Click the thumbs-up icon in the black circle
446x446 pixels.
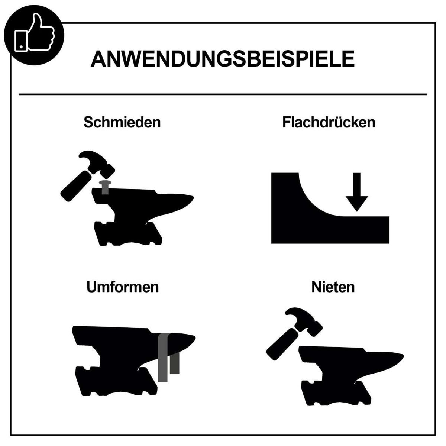(35, 32)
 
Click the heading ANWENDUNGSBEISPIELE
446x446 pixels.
(222, 59)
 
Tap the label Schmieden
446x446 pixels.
(122, 122)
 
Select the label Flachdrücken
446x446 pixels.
(329, 122)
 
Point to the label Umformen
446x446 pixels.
(122, 287)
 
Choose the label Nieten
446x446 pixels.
(333, 287)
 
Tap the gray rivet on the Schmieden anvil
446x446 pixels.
(105, 187)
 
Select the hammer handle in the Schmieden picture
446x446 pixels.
(77, 186)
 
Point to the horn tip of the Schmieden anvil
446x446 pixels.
(193, 198)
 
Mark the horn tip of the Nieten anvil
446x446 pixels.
(403, 355)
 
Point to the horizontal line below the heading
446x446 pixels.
(223, 94)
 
